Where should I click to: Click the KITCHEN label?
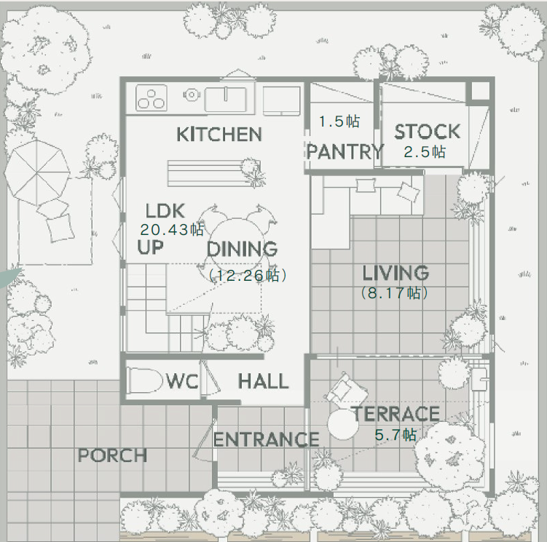(x=219, y=134)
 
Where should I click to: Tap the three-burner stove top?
(x=151, y=98)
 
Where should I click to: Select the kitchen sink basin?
(x=225, y=100)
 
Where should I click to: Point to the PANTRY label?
(x=345, y=151)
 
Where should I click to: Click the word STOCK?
(x=428, y=132)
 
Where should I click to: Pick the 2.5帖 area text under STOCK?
(x=425, y=152)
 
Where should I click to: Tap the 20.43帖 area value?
(x=172, y=229)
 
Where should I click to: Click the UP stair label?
(x=150, y=247)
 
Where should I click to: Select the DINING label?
(x=242, y=249)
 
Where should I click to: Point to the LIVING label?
(x=396, y=273)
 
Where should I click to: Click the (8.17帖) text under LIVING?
(x=395, y=292)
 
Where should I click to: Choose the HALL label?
(x=264, y=381)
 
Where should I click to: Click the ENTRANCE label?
(x=266, y=439)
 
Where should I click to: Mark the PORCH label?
(x=112, y=455)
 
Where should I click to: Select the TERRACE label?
(x=396, y=414)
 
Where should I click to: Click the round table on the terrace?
(x=343, y=424)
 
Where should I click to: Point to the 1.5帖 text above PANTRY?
(x=339, y=121)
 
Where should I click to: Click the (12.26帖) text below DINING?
(x=248, y=275)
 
